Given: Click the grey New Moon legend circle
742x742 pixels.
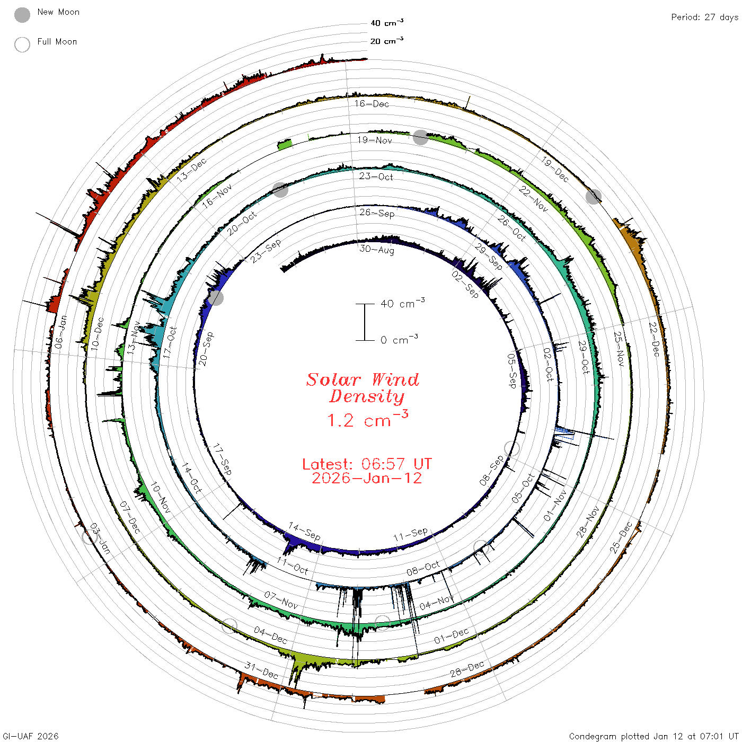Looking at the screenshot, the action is (22, 15).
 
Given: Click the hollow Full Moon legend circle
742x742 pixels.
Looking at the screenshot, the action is (22, 45).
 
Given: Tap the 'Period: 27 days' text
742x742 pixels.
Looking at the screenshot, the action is (704, 17).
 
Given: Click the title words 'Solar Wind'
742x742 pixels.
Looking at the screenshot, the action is (363, 379).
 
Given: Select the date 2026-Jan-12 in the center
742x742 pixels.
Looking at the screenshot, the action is (367, 478).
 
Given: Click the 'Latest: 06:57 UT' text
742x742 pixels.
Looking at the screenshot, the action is (367, 464).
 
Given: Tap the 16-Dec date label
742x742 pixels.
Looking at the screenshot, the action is (372, 103).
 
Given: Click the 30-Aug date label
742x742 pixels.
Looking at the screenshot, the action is (377, 250).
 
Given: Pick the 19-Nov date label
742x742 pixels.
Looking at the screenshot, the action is (374, 140).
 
